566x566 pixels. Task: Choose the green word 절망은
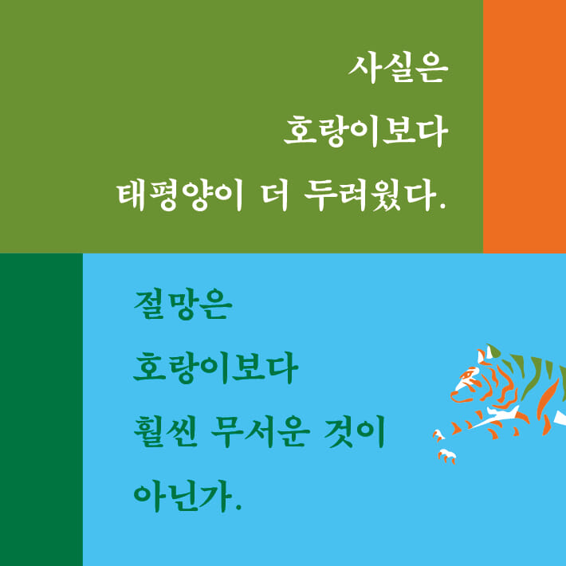(x=181, y=307)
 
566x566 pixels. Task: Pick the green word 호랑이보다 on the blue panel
(x=215, y=370)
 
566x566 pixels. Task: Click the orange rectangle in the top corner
(x=524, y=126)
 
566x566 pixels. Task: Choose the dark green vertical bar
(x=41, y=410)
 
